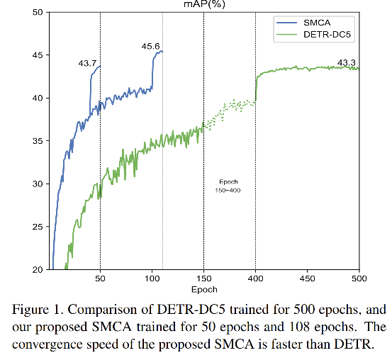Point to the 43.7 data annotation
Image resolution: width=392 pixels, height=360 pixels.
click(x=88, y=64)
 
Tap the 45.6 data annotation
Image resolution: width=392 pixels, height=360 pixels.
click(x=151, y=46)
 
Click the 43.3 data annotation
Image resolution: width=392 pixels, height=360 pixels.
click(x=347, y=63)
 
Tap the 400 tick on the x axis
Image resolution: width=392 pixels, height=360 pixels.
click(x=256, y=279)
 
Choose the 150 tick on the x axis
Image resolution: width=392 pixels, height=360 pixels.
click(x=204, y=279)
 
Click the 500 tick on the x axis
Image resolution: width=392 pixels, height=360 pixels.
click(x=359, y=279)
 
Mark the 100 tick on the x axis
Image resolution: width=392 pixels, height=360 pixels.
click(x=152, y=279)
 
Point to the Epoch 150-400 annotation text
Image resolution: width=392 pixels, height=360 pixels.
click(x=228, y=186)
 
